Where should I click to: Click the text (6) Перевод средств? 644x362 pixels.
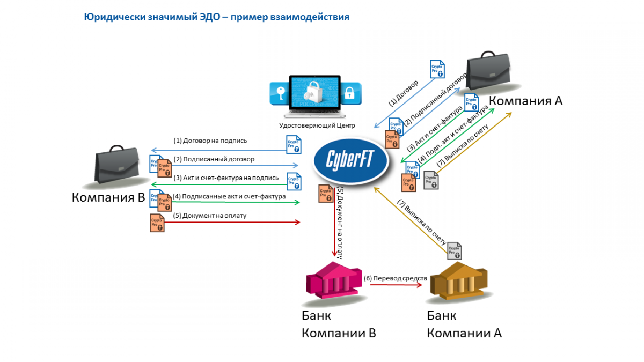(396, 279)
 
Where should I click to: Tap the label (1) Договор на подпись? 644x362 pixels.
(210, 141)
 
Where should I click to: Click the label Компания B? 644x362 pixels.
(109, 198)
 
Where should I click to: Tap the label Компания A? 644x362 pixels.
(525, 101)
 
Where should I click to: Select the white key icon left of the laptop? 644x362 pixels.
(280, 93)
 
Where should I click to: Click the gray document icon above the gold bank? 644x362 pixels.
(455, 250)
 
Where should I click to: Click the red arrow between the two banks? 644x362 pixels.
(396, 285)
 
